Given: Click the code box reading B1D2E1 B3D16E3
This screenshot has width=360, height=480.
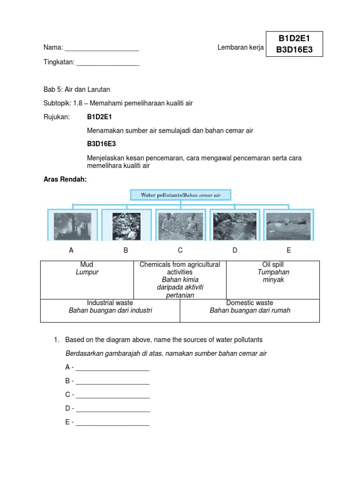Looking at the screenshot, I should [294, 44].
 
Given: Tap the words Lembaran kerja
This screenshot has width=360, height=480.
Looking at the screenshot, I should [240, 47].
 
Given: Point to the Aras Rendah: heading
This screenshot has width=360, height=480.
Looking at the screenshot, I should [65, 180].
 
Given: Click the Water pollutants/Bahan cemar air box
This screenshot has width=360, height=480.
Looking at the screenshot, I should [180, 195].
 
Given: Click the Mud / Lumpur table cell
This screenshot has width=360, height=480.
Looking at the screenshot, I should [87, 280].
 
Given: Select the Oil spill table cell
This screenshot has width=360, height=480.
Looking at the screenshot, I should [273, 280].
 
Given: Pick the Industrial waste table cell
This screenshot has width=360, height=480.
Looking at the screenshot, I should [110, 311].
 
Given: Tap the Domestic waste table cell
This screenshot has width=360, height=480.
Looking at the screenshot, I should [250, 311].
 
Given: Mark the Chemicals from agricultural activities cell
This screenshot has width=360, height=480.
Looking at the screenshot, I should [180, 280].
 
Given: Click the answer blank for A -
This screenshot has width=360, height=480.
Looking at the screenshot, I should [112, 368].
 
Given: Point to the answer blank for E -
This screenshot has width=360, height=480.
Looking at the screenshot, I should [112, 423].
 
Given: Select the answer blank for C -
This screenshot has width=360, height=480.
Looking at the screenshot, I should [112, 395].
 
